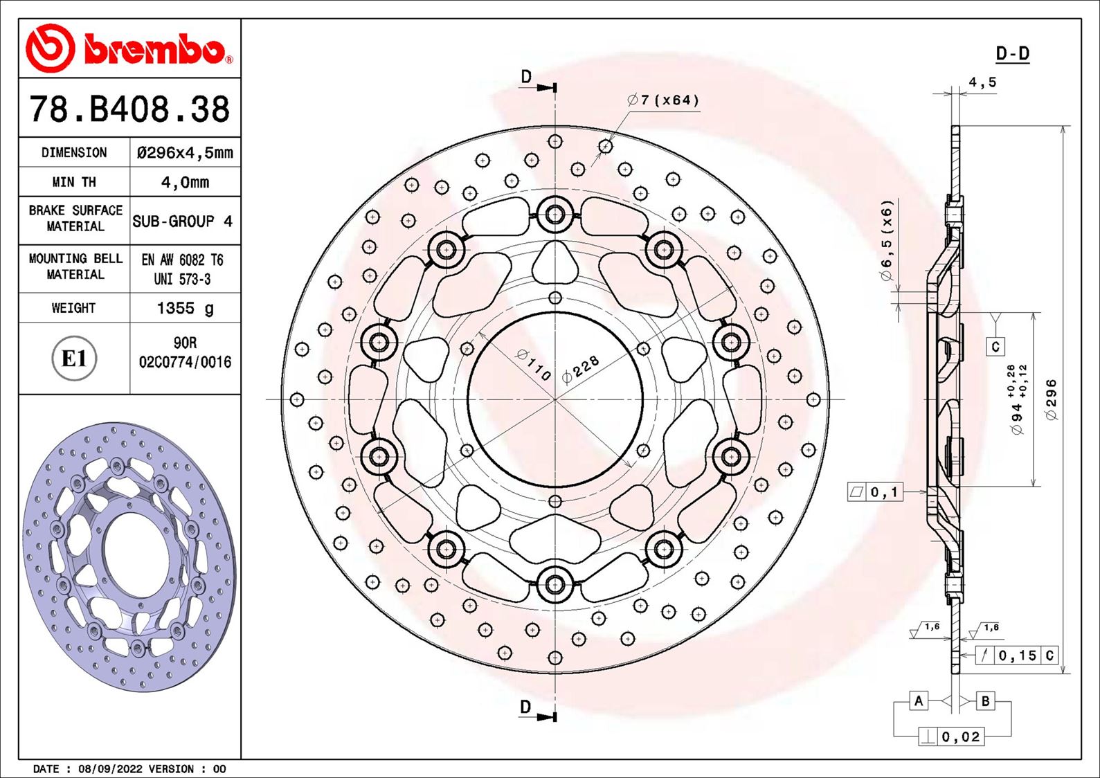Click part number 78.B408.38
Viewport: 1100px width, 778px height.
coord(129,109)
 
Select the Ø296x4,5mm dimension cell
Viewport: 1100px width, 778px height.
coord(185,152)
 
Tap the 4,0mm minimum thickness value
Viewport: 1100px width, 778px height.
coord(185,182)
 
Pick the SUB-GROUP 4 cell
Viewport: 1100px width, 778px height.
coord(183,221)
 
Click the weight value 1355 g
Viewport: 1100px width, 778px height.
coord(185,308)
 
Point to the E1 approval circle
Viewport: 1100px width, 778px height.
coord(74,359)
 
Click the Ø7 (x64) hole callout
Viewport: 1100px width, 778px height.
coord(663,100)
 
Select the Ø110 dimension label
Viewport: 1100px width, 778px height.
coord(534,364)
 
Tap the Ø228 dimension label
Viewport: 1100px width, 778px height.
coord(580,370)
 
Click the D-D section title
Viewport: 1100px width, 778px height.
coord(1012,54)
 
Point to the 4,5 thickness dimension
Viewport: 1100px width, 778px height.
coord(982,82)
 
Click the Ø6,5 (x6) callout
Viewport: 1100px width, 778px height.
coord(887,240)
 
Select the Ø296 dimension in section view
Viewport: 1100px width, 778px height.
coord(1051,399)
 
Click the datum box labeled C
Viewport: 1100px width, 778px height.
coord(995,347)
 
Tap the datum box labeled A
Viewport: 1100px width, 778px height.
coord(919,700)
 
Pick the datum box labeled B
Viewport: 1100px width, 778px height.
coord(985,700)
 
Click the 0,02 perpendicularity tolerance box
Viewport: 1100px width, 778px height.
coord(952,736)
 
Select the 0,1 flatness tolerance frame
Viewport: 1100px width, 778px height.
coord(875,492)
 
